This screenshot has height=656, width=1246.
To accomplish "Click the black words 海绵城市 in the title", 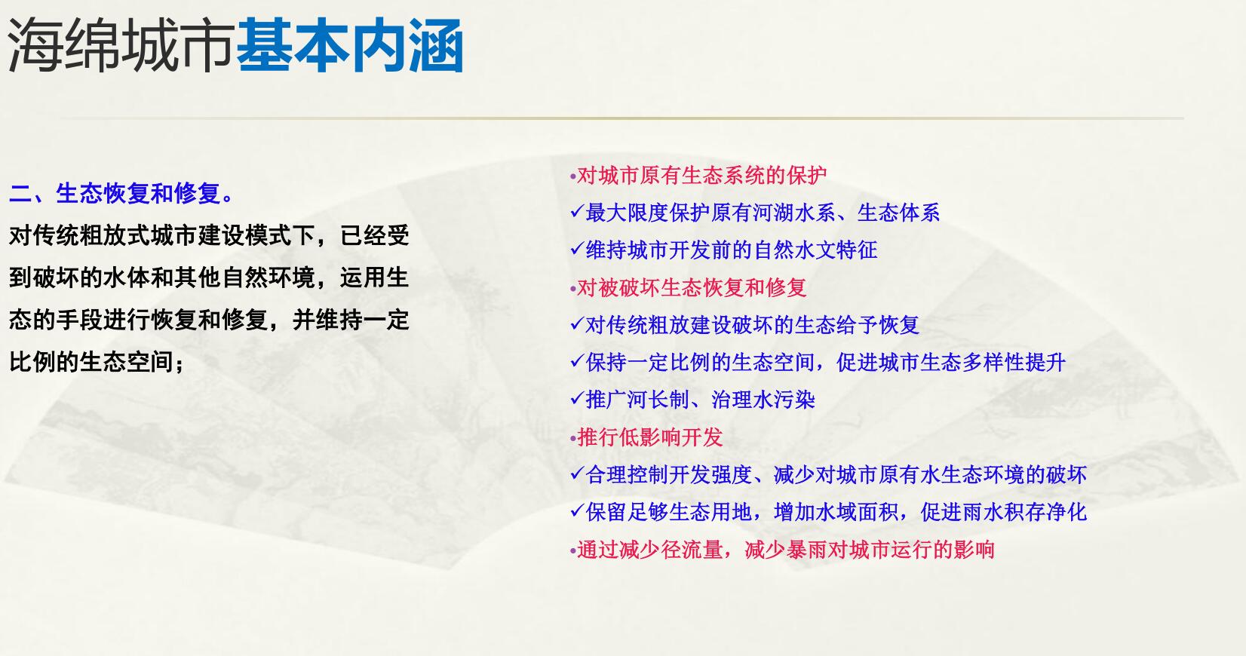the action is [120, 45].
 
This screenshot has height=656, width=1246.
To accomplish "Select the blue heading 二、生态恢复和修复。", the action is [121, 194].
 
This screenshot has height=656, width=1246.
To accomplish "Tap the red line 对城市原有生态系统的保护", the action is [702, 176].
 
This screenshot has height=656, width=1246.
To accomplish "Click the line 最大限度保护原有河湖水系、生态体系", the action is [763, 213].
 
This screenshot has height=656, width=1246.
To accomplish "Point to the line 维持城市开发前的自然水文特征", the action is [732, 250].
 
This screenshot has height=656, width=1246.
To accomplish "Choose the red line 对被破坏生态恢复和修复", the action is [692, 287].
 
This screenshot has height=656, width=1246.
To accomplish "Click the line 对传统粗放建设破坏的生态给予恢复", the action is [752, 325].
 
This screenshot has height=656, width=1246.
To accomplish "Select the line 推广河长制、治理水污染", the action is [701, 400].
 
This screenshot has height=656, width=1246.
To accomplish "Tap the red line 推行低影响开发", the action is [649, 437].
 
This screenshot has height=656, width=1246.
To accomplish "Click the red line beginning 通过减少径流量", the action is [785, 550].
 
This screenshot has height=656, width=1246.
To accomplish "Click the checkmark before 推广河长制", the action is [578, 399].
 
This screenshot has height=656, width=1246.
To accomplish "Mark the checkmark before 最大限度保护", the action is [578, 211].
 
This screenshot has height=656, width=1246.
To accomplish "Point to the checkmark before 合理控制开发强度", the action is [578, 474].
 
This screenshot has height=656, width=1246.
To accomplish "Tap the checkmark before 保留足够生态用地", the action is [578, 511].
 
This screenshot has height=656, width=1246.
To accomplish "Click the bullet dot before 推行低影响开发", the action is [573, 439].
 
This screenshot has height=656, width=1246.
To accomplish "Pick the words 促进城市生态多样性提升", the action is [950, 363].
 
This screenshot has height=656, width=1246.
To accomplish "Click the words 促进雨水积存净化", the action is [1003, 512].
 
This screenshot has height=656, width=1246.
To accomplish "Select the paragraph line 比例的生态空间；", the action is [97, 362].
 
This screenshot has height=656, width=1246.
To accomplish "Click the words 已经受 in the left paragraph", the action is [374, 236].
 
